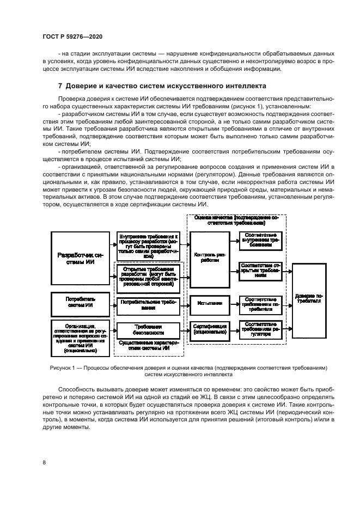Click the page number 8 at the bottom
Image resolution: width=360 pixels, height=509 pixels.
(x=44, y=463)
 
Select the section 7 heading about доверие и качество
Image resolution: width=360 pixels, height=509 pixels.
(x=162, y=86)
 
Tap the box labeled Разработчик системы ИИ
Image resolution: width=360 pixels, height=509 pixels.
(x=80, y=258)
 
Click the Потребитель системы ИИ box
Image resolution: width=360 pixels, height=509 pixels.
(x=80, y=302)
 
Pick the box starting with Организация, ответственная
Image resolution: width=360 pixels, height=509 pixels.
(x=80, y=336)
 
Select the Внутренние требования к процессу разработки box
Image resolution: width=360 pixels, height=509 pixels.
(x=148, y=245)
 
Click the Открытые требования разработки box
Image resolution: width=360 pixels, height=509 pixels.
(x=148, y=276)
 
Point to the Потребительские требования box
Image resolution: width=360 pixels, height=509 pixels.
(x=148, y=303)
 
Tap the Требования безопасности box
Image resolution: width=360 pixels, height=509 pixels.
(x=148, y=330)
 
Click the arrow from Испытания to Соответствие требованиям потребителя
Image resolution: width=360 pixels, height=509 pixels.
(x=231, y=303)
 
